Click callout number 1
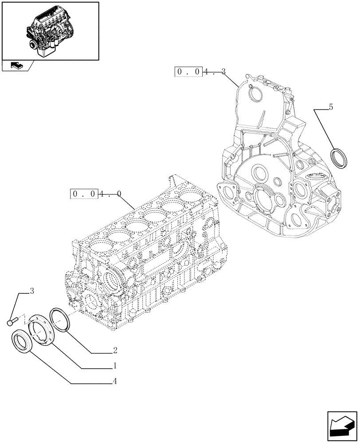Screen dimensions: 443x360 pyautogui.click(x=115, y=366)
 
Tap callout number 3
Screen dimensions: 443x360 pyautogui.click(x=32, y=291)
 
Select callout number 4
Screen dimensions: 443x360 pyautogui.click(x=115, y=381)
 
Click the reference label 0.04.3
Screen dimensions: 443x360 pyautogui.click(x=200, y=72)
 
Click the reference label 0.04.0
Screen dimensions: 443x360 pyautogui.click(x=96, y=194)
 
